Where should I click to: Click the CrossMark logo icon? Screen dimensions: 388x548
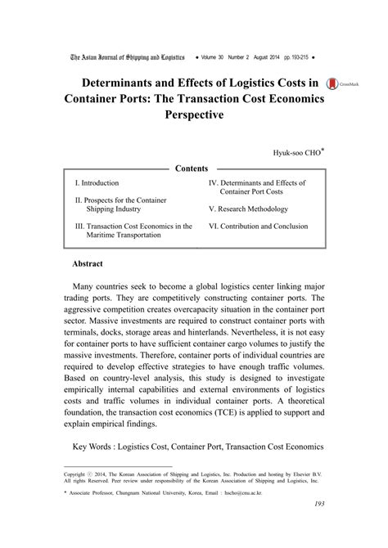point(332,85)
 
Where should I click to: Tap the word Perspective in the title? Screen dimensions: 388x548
point(194,116)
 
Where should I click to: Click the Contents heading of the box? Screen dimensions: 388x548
point(193,168)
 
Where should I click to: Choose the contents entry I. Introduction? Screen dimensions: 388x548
point(97,183)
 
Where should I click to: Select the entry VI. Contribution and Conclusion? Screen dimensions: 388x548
point(258,226)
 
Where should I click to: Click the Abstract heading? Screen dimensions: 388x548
point(87,265)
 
